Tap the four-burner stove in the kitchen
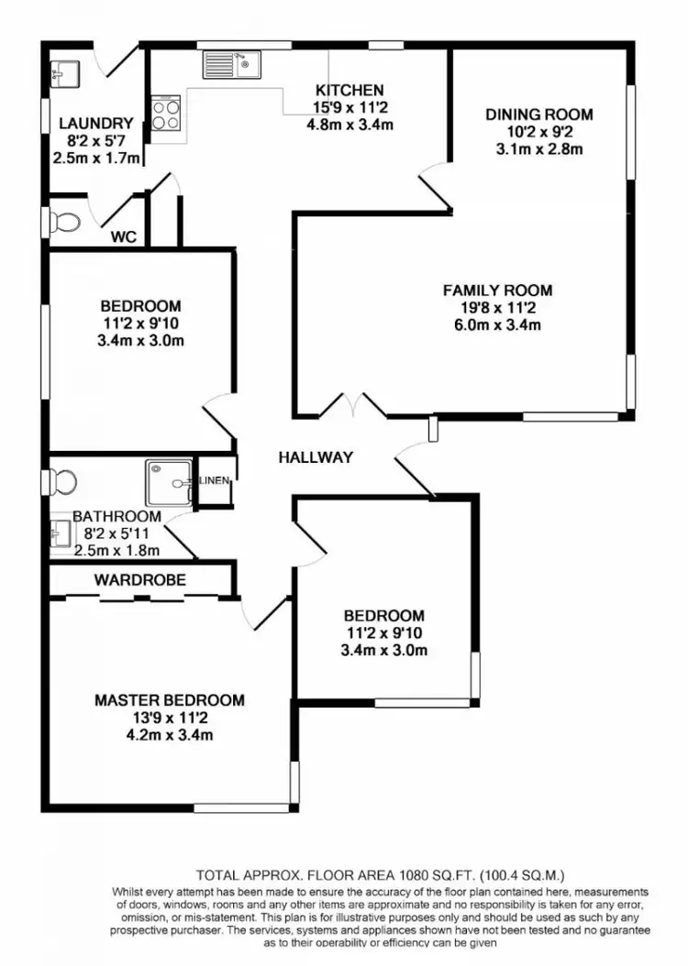tap(166, 115)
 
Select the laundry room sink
tap(65, 71)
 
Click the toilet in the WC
tap(65, 221)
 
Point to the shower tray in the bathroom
tap(168, 480)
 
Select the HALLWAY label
tap(316, 457)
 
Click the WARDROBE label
tap(139, 580)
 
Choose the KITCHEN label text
tap(350, 90)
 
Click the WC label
tap(124, 236)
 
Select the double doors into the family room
tap(352, 406)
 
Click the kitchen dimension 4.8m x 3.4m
tap(350, 124)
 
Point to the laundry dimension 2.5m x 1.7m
tap(96, 158)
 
